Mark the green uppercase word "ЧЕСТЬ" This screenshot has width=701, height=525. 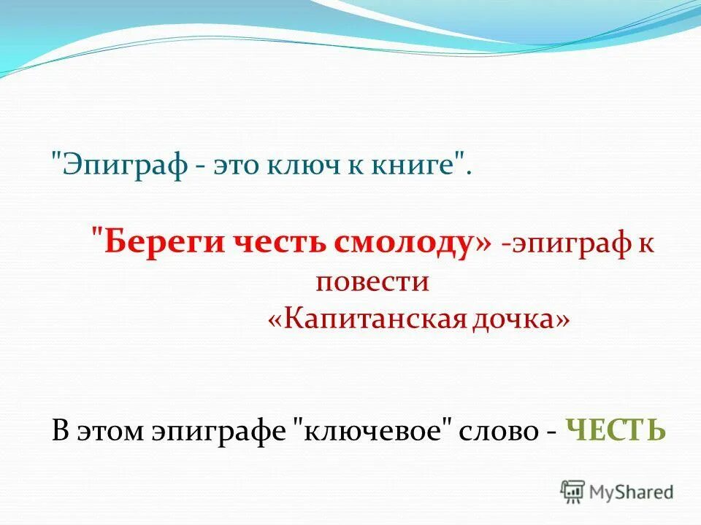616,430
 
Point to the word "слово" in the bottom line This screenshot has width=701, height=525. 497,430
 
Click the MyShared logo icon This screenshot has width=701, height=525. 573,491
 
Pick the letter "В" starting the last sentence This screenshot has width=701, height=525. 60,430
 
